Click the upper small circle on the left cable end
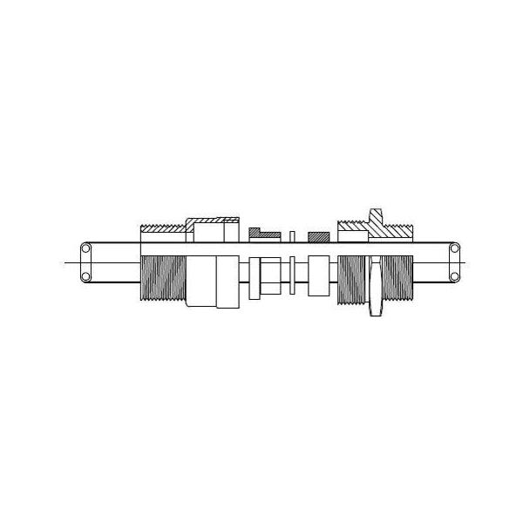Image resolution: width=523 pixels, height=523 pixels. click(85, 248)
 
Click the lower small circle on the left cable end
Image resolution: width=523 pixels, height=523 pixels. click(85, 277)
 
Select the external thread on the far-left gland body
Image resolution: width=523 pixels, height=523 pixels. click(160, 279)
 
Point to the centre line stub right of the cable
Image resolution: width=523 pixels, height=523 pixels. click(467, 262)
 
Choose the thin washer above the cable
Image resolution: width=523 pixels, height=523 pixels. click(293, 234)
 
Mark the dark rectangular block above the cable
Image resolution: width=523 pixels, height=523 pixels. click(319, 235)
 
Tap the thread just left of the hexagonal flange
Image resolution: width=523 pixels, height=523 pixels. click(353, 279)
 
